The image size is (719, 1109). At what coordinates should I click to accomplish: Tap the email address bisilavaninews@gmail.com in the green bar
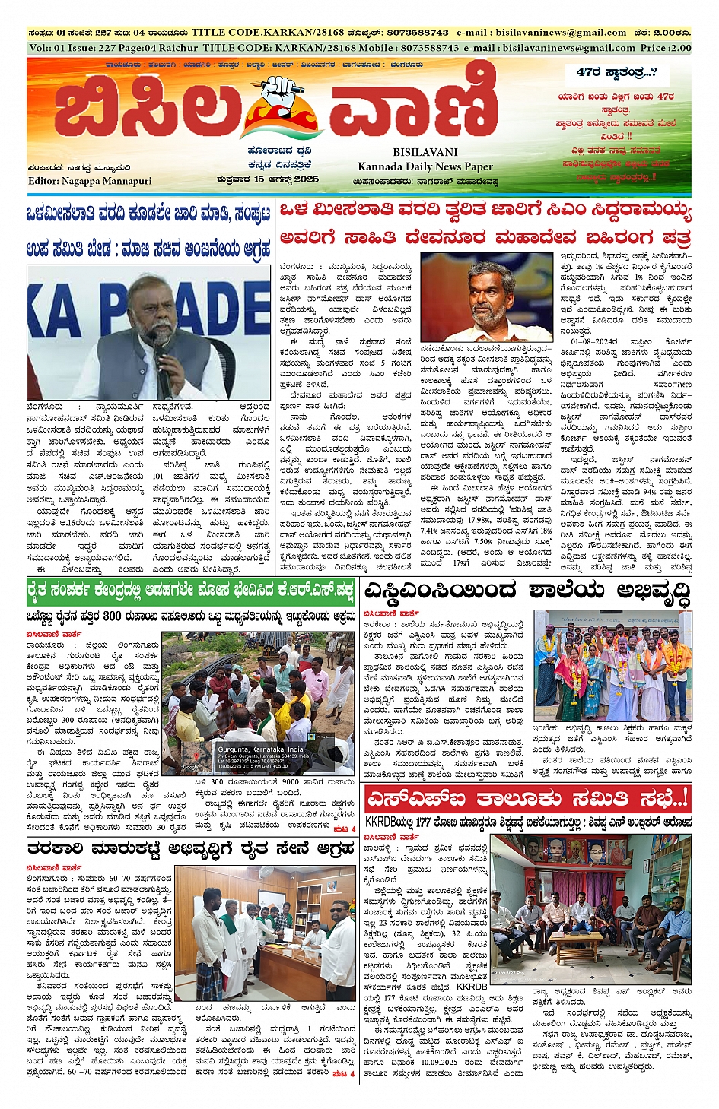568,47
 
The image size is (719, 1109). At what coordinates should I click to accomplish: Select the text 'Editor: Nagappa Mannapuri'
90,181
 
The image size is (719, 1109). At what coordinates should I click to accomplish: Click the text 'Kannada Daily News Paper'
425,166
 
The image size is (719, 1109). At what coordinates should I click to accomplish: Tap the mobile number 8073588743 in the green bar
430,47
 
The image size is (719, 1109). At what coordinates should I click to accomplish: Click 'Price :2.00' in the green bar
666,47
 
